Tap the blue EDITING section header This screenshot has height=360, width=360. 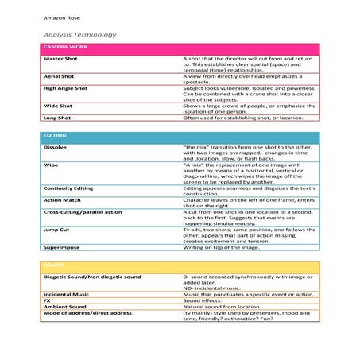pyautogui.click(x=54, y=137)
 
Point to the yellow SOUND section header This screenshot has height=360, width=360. pyautogui.click(x=52, y=265)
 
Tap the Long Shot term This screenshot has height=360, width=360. pyautogui.click(x=58, y=118)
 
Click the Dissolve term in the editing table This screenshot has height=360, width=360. pyautogui.click(x=54, y=148)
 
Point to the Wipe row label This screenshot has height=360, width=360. pyautogui.click(x=49, y=165)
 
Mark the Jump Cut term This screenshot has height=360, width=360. pyautogui.click(x=56, y=230)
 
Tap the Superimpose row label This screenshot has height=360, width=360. pyautogui.click(x=62, y=247)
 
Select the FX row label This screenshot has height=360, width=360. pyautogui.click(x=47, y=300)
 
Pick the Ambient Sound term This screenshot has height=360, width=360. pyautogui.click(x=65, y=307)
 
